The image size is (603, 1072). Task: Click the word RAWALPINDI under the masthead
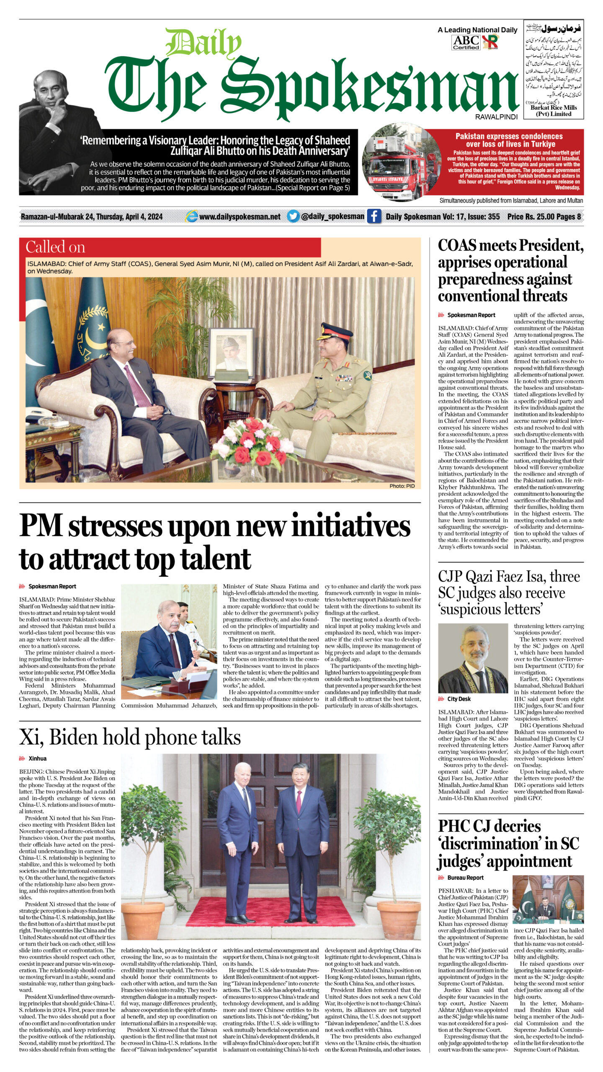point(496,117)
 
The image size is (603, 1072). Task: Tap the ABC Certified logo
point(466,42)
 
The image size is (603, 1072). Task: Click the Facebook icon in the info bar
point(374,216)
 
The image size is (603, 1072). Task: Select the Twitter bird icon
point(293,216)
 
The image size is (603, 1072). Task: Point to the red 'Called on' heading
point(55,247)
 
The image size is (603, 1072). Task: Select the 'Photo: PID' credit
point(402,486)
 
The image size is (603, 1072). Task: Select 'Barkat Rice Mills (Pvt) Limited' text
point(554,111)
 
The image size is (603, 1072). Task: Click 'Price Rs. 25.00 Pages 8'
point(544,216)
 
